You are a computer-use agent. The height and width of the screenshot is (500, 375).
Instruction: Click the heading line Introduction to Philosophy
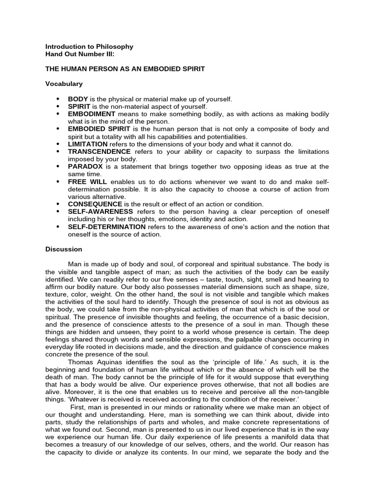(89, 46)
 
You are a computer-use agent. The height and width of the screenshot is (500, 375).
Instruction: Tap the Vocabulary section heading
(64, 84)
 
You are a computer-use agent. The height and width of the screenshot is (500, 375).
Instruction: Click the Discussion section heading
(63, 249)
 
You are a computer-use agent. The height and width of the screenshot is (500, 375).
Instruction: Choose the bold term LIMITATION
(87, 144)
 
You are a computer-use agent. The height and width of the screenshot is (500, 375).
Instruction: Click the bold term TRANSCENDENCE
(99, 151)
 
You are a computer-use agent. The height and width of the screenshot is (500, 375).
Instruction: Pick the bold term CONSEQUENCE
(95, 204)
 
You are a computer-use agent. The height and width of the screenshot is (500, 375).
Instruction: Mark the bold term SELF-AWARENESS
(100, 211)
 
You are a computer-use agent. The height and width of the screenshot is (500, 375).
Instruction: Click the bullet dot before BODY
(58, 99)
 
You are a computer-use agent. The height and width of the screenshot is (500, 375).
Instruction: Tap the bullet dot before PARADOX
(58, 167)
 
